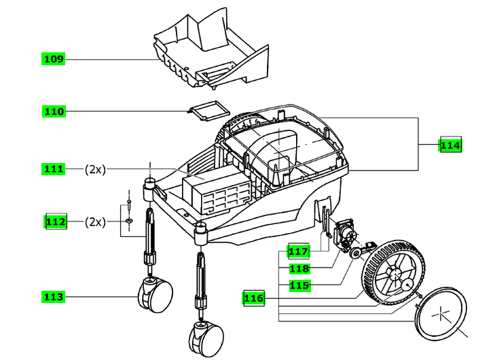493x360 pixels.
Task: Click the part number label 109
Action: (54, 59)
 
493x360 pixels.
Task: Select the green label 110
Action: (54, 111)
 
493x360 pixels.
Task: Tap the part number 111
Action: (54, 169)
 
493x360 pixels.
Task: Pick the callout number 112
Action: (56, 221)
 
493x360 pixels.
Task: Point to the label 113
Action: (54, 297)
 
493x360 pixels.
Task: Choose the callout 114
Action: (450, 145)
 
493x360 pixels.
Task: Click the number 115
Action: (299, 285)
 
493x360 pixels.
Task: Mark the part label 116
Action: (254, 298)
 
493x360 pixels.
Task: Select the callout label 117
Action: (298, 251)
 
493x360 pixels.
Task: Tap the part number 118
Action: (299, 268)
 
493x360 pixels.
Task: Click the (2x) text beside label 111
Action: (95, 169)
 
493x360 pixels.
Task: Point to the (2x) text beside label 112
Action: (95, 222)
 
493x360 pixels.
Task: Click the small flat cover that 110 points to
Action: (209, 110)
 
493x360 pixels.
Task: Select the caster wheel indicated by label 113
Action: (156, 295)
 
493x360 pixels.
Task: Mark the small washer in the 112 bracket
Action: (129, 221)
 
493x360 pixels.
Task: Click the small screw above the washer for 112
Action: (128, 203)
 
